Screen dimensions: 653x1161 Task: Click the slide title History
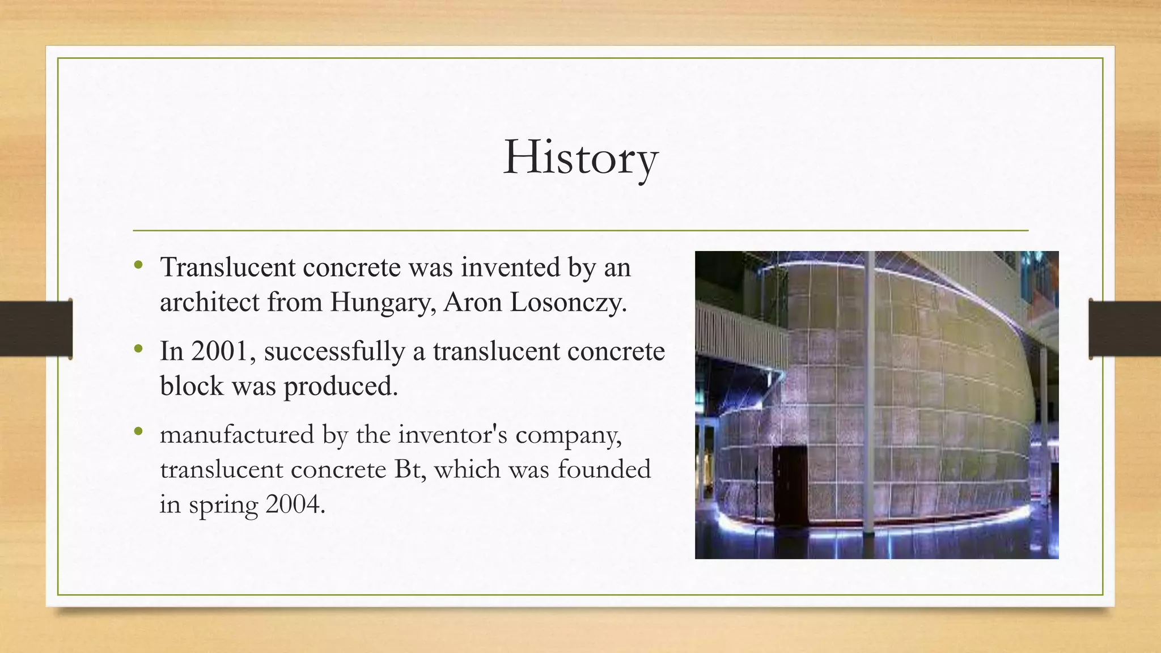click(580, 158)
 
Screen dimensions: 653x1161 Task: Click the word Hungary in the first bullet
click(383, 302)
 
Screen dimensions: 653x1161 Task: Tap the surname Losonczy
click(568, 302)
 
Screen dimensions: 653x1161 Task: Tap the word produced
click(341, 387)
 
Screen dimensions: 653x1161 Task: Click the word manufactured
click(237, 435)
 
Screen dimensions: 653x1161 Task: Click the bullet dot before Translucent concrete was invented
click(138, 264)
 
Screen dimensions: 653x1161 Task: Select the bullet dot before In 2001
click(138, 348)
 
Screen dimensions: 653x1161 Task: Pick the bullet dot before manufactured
click(138, 432)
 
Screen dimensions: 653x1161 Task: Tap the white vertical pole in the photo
click(867, 391)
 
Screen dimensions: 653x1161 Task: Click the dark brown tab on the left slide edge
click(36, 329)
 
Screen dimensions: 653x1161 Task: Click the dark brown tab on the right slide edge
click(1124, 329)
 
